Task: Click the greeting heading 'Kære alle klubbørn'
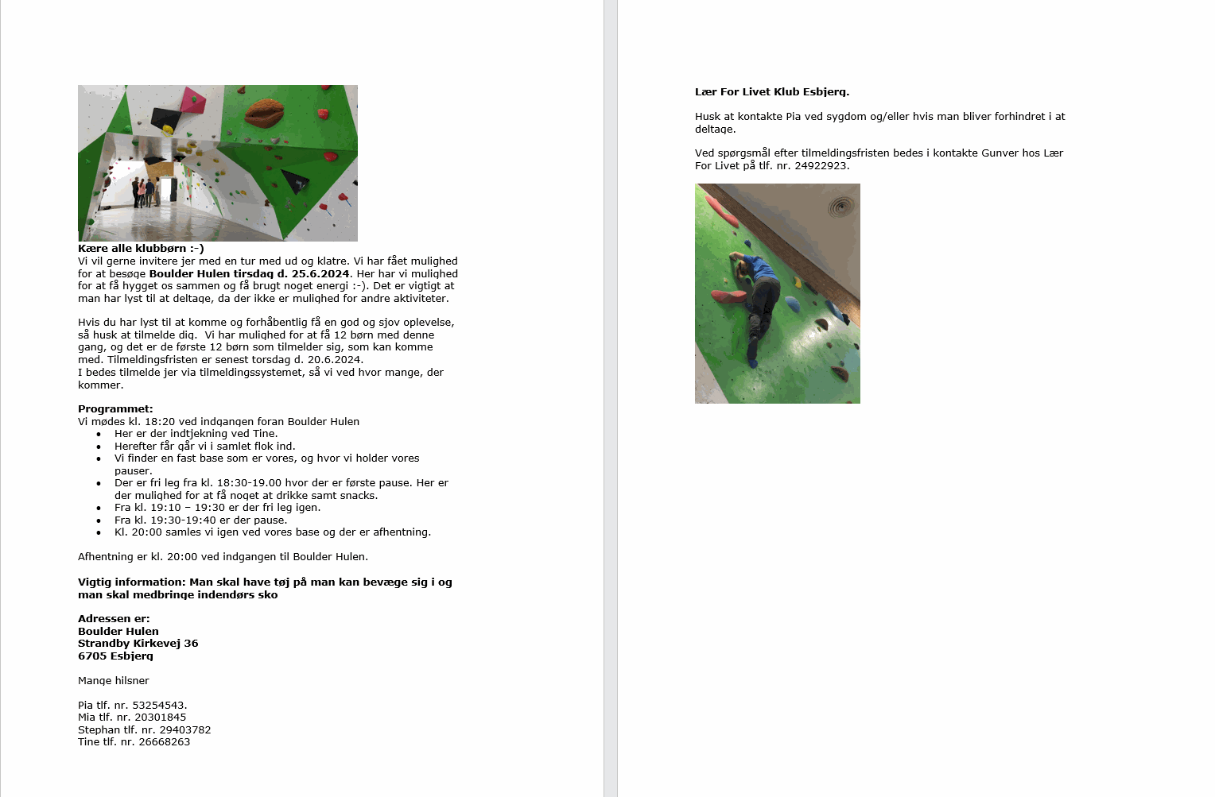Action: (141, 249)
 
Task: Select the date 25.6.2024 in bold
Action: (320, 274)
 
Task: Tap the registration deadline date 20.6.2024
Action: (333, 360)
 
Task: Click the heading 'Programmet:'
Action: (115, 409)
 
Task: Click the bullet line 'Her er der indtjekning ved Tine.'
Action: (196, 434)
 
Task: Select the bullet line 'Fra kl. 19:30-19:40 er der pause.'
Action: (200, 520)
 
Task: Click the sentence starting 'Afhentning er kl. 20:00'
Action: (223, 557)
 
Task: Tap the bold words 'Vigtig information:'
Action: (131, 582)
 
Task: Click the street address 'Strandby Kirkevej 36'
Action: (138, 644)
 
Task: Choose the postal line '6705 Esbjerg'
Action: (115, 656)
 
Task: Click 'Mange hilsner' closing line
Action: (114, 681)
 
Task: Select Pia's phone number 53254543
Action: (161, 706)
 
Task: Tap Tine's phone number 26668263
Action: (164, 742)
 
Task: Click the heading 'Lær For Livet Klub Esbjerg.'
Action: (771, 92)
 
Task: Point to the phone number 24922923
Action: (821, 166)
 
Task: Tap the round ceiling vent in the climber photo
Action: (840, 207)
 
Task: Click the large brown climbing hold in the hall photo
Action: (265, 113)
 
